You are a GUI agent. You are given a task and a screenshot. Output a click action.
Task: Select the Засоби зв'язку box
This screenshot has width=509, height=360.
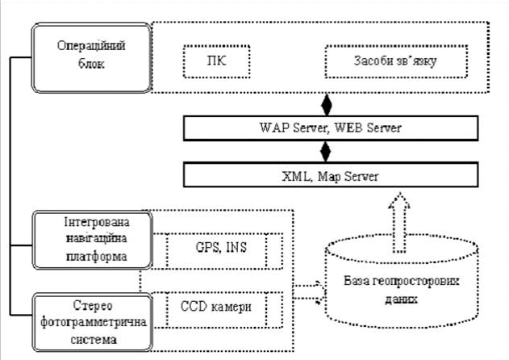pyautogui.click(x=394, y=61)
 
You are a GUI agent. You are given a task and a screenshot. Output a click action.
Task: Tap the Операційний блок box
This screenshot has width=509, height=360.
pyautogui.click(x=90, y=56)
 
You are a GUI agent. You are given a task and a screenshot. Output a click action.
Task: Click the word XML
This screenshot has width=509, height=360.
pyautogui.click(x=298, y=174)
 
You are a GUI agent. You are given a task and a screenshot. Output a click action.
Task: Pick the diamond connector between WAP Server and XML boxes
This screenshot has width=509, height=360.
pyautogui.click(x=326, y=151)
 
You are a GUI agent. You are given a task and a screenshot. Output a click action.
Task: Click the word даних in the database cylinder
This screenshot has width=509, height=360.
pyautogui.click(x=403, y=297)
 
